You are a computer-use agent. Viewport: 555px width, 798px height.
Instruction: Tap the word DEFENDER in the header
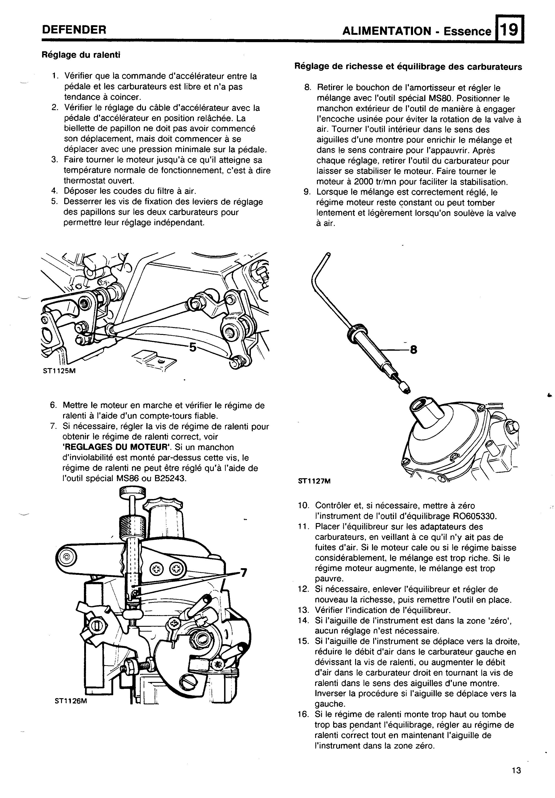pos(74,30)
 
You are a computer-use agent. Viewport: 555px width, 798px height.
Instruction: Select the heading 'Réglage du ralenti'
pos(81,55)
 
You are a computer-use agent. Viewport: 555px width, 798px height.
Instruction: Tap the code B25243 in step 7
pos(170,478)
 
